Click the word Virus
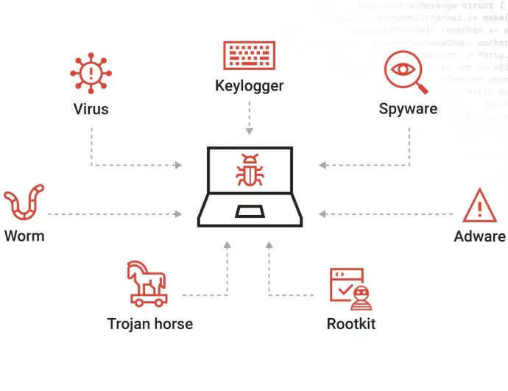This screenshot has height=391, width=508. point(91,109)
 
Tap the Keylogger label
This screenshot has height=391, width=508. point(250,85)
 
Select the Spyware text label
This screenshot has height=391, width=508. point(408,109)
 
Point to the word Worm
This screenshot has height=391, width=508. point(24,236)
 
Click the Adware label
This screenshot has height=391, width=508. point(479,236)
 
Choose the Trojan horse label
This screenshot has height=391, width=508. point(150,324)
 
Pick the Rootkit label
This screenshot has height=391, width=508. point(350,324)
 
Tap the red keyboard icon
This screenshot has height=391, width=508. point(250,56)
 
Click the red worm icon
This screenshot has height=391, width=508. point(24,204)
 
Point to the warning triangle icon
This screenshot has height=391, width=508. point(479,205)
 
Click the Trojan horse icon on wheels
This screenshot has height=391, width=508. point(148,283)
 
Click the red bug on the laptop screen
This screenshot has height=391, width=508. point(250,170)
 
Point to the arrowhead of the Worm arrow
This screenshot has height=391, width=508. point(178,214)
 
